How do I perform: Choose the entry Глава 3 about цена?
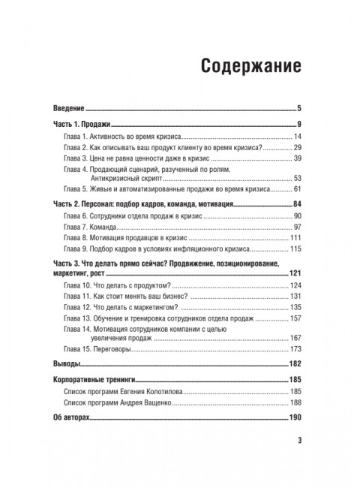[x=142, y=158]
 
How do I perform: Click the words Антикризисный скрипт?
[x=130, y=179]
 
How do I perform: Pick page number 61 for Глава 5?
[x=296, y=190]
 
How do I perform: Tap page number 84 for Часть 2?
[x=295, y=204]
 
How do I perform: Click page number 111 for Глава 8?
[x=295, y=238]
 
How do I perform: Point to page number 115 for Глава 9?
[x=295, y=249]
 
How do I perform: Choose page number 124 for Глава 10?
[x=295, y=286]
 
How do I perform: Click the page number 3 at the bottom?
[x=298, y=440]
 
